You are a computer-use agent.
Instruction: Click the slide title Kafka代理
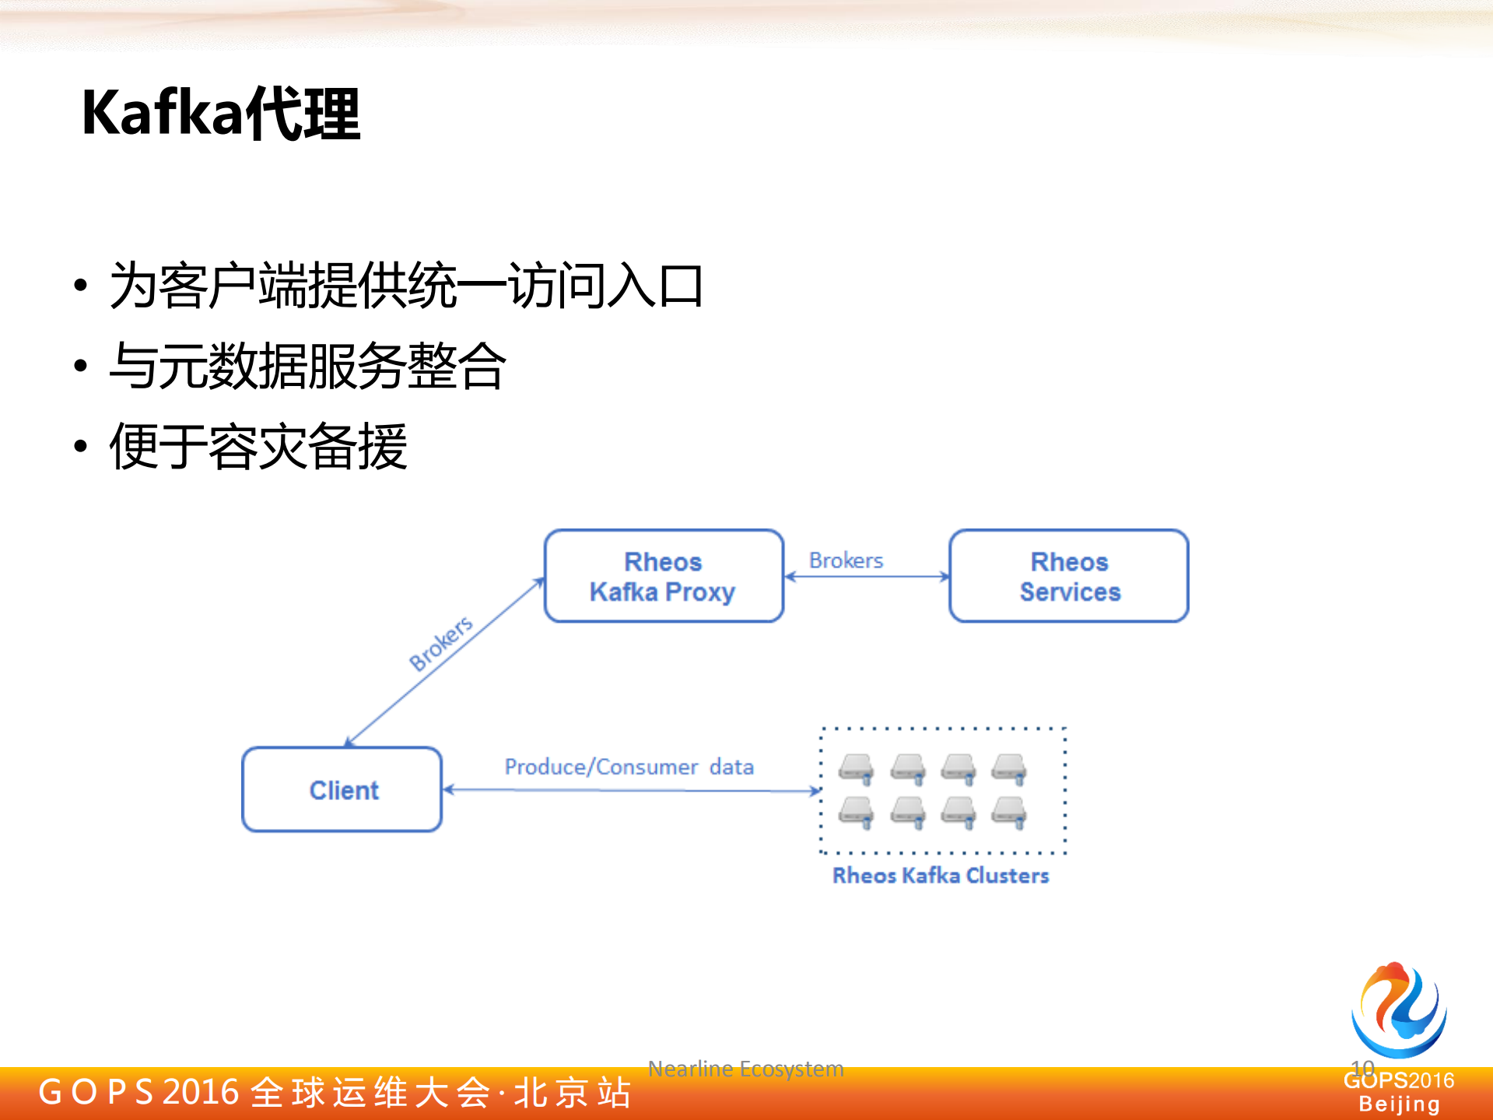coord(221,114)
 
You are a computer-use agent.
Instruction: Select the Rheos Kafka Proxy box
coord(663,577)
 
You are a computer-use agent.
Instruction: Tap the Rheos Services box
coord(1069,577)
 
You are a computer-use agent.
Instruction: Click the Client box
coord(342,790)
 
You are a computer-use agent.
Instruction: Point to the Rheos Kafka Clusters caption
coord(941,876)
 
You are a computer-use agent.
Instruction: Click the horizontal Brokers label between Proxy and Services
coord(846,560)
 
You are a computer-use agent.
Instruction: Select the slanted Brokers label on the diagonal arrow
coord(441,643)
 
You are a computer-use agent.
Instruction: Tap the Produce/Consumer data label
coord(629,767)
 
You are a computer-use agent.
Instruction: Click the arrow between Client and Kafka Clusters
coord(630,790)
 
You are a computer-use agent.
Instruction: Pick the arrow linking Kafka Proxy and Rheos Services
coord(866,577)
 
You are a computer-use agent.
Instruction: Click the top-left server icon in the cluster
coord(856,768)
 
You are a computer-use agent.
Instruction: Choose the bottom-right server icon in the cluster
coord(1009,812)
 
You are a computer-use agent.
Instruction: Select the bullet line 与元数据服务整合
coord(307,366)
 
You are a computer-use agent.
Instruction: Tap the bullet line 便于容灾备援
coord(258,446)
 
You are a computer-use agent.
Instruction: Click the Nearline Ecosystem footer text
coord(745,1069)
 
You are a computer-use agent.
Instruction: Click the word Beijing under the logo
coord(1399,1104)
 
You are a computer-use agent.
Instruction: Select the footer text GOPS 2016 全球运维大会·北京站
coord(335,1092)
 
